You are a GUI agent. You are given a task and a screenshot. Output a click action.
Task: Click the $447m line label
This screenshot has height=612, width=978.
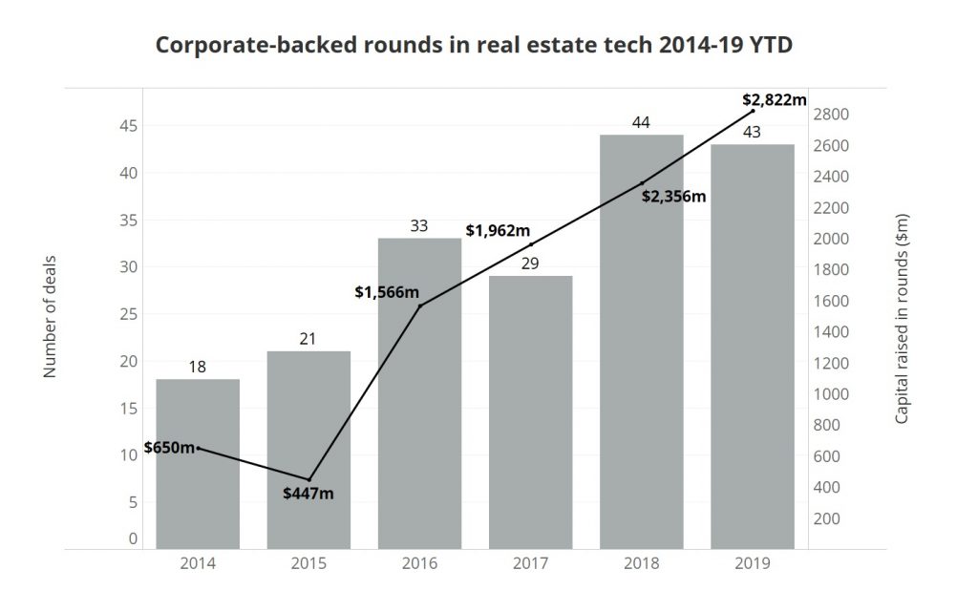(x=308, y=494)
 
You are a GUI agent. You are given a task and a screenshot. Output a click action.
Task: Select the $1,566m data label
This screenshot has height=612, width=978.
(x=387, y=291)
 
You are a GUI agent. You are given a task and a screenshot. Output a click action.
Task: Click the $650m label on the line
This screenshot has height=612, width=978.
(x=169, y=448)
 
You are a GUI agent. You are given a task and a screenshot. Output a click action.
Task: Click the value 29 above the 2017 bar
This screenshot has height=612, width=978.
(x=530, y=263)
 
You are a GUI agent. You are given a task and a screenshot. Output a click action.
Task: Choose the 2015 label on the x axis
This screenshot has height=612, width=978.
(x=308, y=563)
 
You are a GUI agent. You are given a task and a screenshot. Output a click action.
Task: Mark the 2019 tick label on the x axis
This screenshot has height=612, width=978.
(x=752, y=563)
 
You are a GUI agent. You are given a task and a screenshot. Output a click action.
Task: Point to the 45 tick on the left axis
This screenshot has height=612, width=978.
(x=126, y=126)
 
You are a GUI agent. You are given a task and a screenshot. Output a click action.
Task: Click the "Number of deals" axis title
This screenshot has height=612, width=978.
(x=51, y=316)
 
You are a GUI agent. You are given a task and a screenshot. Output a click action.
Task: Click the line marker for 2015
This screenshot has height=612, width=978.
(x=308, y=479)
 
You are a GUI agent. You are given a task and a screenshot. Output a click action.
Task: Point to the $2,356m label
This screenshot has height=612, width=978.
(x=673, y=197)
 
